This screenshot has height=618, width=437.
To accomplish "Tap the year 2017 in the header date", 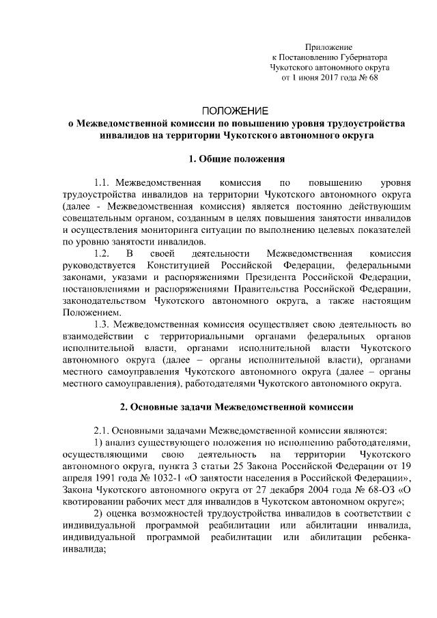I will click(327, 79).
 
